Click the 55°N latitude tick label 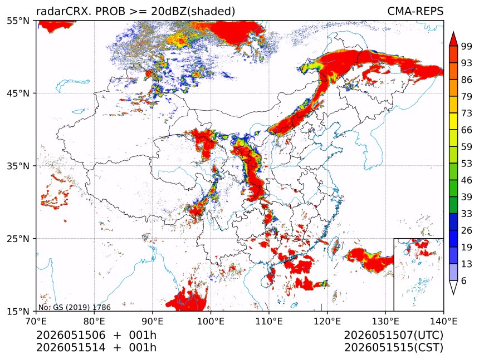tap(18, 21)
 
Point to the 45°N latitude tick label tap(18, 93)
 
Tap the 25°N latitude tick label tap(18, 238)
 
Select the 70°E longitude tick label tap(37, 321)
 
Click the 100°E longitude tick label tap(211, 321)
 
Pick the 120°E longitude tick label tap(327, 321)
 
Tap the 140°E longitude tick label tap(443, 321)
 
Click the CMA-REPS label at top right tap(415, 11)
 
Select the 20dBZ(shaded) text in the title tap(193, 12)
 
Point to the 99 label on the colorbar tap(467, 46)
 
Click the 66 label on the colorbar tap(467, 130)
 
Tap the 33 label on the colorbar tap(467, 214)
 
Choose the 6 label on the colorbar tap(464, 280)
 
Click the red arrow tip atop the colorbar tap(453, 32)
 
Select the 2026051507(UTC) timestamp tap(393, 335)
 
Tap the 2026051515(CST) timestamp tap(393, 348)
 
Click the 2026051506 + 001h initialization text tap(96, 335)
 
